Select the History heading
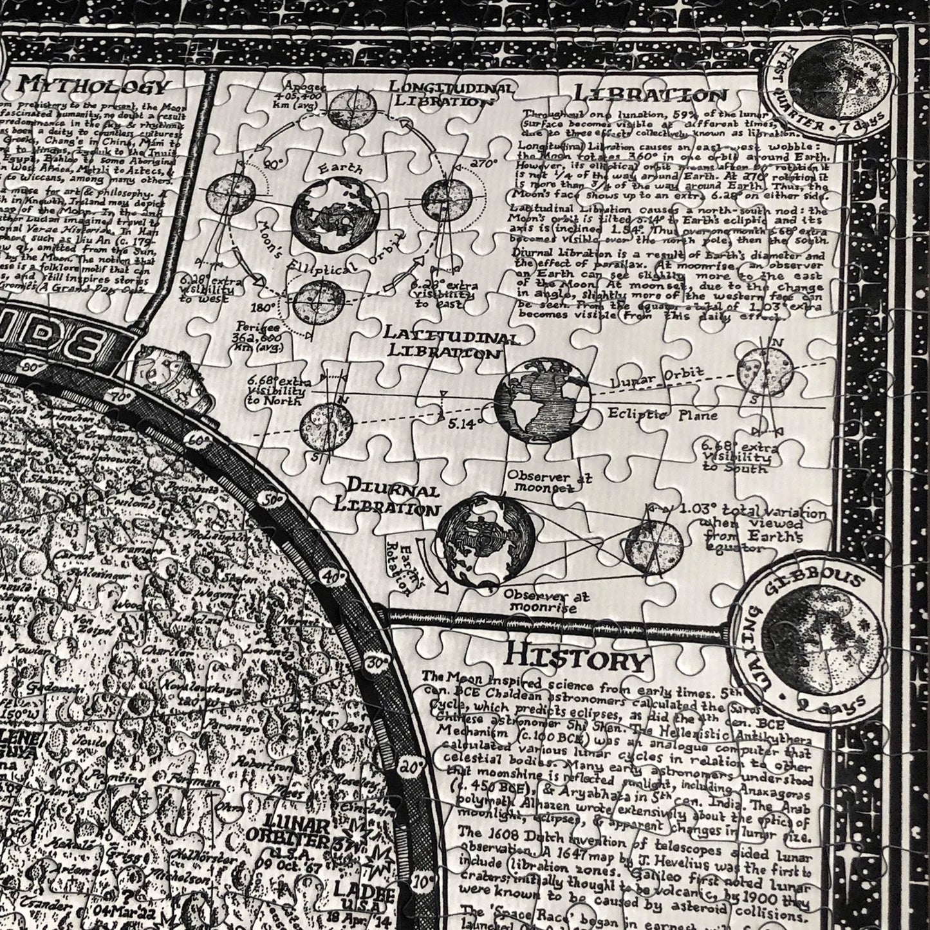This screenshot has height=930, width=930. (x=575, y=658)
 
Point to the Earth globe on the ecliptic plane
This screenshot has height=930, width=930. (x=542, y=402)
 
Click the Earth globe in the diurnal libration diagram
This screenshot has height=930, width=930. (x=485, y=541)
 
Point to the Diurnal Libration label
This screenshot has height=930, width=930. (x=386, y=496)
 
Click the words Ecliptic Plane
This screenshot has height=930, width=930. (x=662, y=416)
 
